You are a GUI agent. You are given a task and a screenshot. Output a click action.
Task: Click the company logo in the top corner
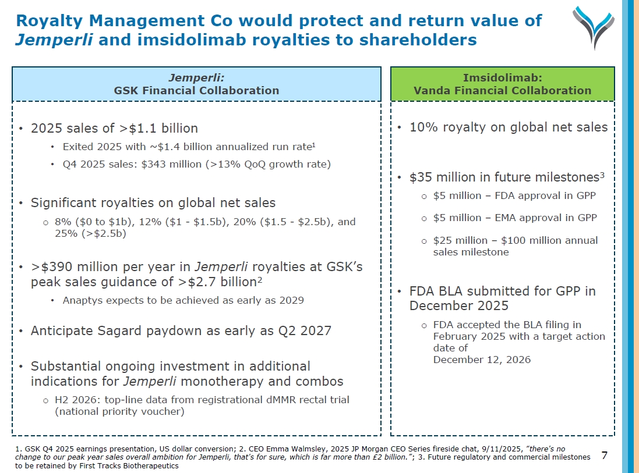coord(593,26)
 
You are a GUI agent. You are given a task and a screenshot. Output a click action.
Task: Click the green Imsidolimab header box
coord(502,84)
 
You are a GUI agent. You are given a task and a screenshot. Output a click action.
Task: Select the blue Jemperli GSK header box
coord(196,84)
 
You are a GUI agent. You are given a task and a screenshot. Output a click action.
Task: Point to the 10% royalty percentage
coord(422,127)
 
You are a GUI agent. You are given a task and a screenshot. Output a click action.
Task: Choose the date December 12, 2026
coord(482,360)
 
